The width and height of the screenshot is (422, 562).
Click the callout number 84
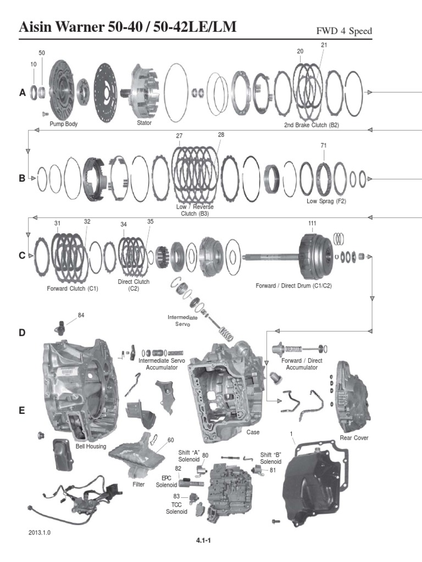click(81, 315)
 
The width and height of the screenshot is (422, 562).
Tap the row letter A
click(23, 93)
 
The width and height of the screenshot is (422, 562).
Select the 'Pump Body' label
click(64, 124)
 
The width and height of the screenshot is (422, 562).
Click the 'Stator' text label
click(145, 123)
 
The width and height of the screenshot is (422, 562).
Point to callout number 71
click(324, 145)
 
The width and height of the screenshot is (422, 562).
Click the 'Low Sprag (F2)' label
click(326, 201)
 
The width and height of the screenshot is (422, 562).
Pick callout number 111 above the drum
click(312, 223)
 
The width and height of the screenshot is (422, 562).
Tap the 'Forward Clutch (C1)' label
click(73, 289)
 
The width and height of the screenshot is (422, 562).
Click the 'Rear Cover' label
click(354, 437)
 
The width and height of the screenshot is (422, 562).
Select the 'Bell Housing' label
click(91, 447)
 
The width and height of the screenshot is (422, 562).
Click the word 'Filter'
click(138, 484)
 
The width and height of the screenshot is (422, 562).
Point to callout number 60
click(170, 440)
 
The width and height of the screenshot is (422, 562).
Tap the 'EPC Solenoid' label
click(166, 481)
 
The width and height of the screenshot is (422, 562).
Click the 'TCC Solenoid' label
click(176, 508)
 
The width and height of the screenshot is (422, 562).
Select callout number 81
click(273, 470)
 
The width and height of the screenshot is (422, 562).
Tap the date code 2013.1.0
click(40, 532)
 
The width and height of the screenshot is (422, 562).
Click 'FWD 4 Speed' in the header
click(344, 31)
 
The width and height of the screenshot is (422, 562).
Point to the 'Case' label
click(253, 432)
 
